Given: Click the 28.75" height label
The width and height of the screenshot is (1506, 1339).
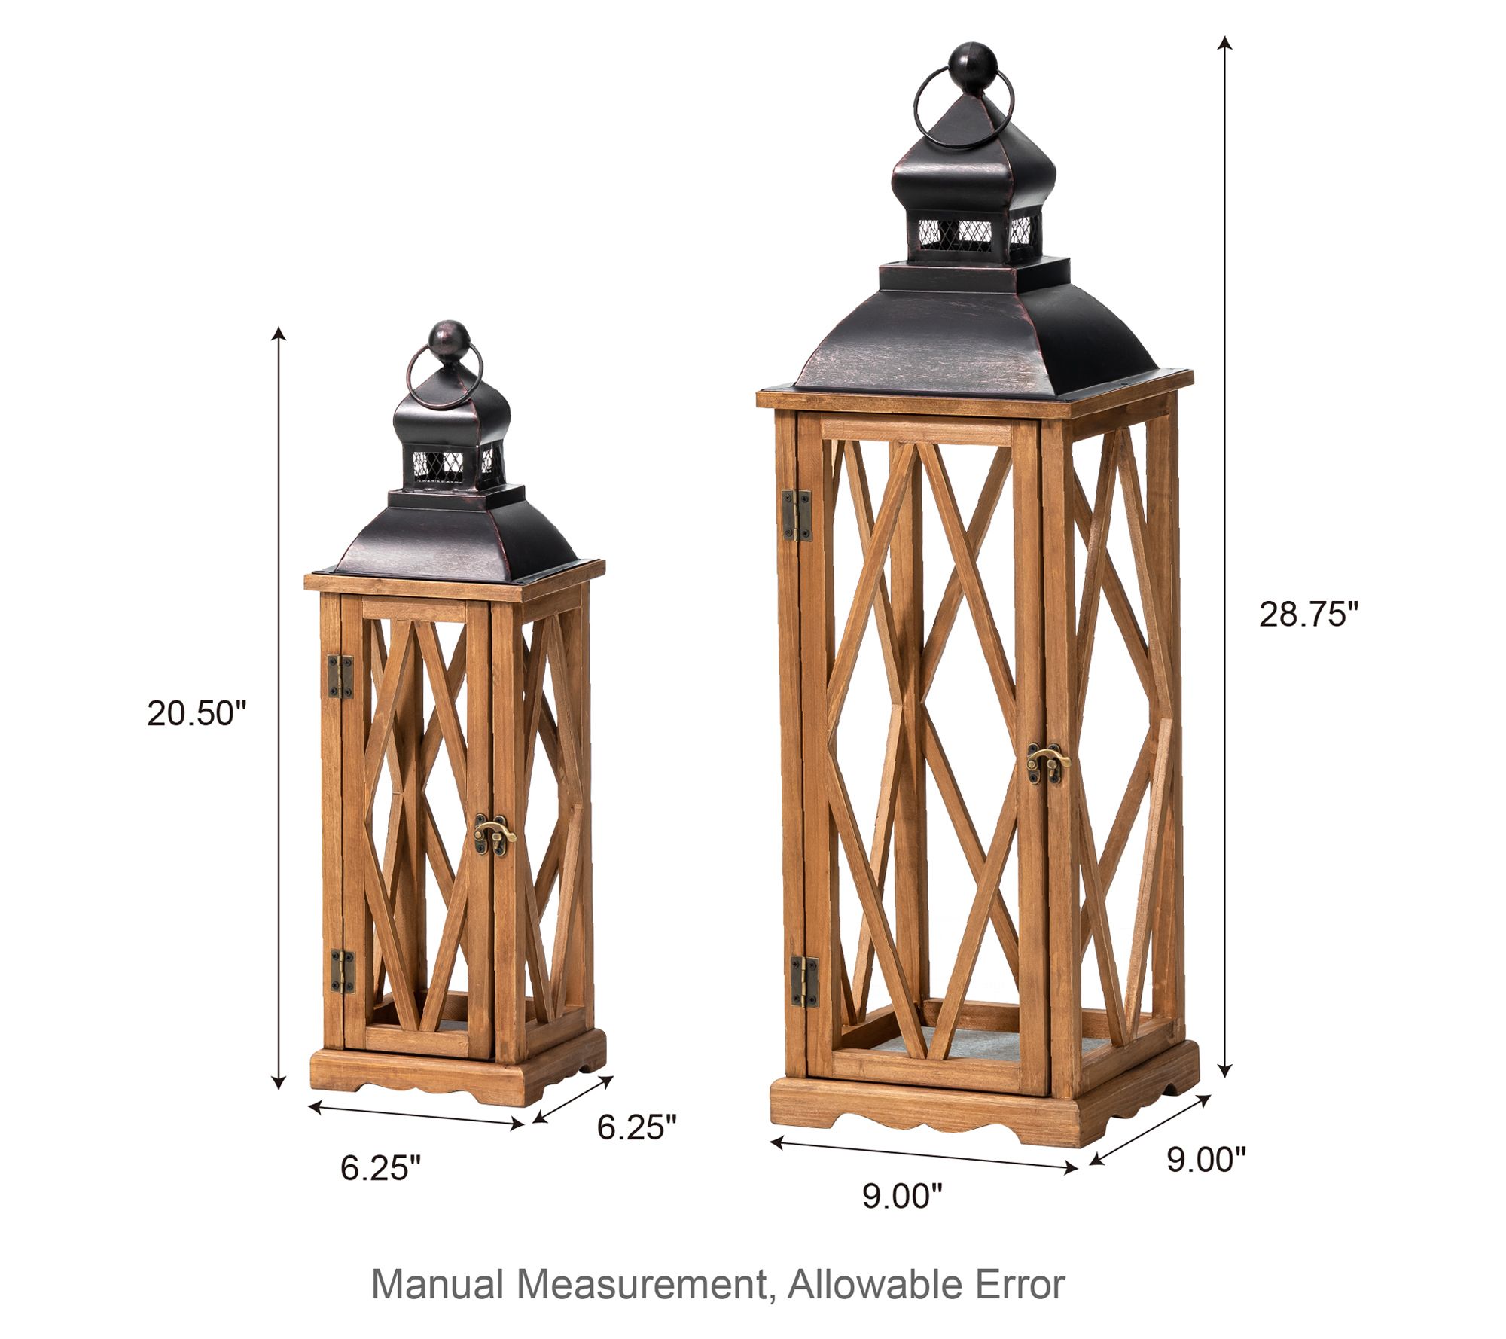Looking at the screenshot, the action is [x=1309, y=615].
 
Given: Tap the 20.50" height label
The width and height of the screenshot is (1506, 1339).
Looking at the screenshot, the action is [x=197, y=714].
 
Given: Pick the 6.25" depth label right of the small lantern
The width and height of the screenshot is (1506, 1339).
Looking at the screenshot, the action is [x=637, y=1127].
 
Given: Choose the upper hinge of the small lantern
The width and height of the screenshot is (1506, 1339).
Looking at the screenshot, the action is [x=340, y=676].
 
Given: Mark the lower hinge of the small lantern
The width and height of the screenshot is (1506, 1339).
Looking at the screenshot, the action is [x=343, y=971].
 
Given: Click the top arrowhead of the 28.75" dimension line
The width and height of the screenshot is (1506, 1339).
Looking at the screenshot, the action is [x=1226, y=42].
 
